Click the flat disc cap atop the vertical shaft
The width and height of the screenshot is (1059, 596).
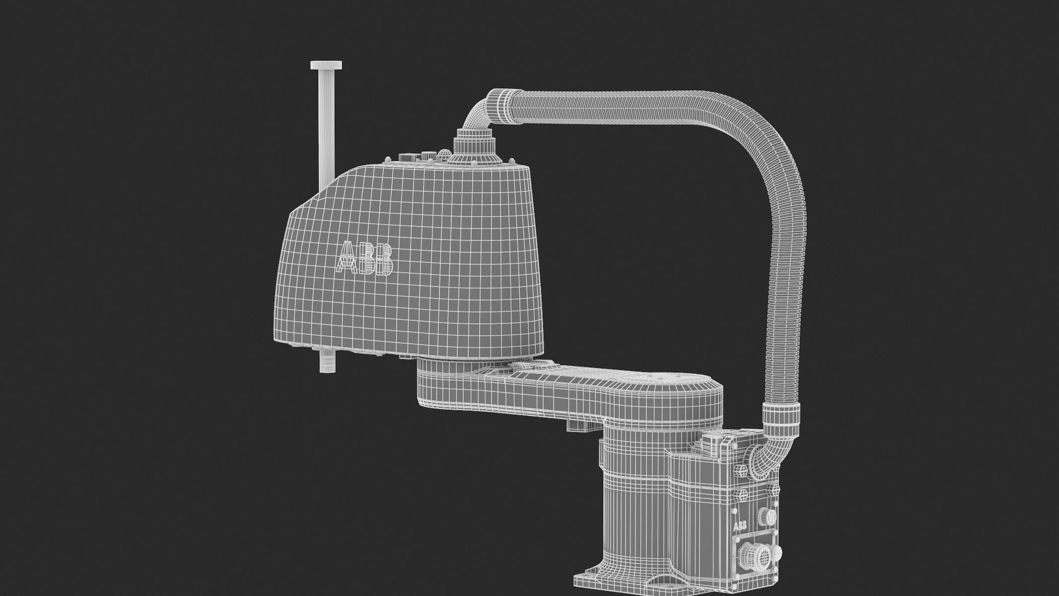pos(326,65)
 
